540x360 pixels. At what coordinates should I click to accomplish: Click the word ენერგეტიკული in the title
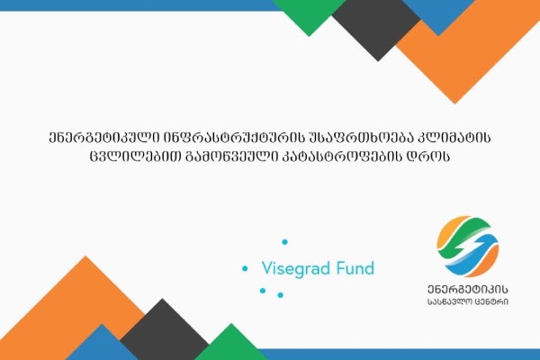click(x=103, y=138)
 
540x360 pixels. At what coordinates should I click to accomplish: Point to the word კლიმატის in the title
click(x=454, y=138)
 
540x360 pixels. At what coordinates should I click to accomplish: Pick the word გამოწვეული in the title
click(x=231, y=157)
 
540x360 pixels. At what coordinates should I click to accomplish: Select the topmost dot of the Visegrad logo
click(x=284, y=242)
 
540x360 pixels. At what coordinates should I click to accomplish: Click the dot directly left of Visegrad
click(x=245, y=268)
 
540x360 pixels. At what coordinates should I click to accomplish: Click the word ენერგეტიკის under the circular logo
click(x=468, y=290)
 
